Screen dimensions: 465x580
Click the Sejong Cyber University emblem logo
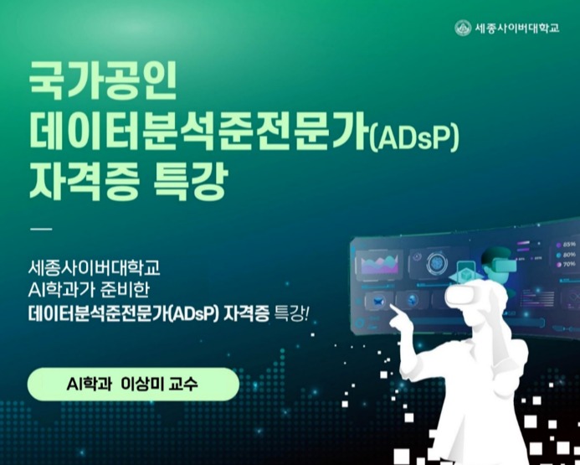pyautogui.click(x=463, y=28)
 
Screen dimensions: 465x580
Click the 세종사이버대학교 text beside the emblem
pyautogui.click(x=516, y=28)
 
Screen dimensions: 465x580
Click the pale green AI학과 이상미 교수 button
pyautogui.click(x=133, y=385)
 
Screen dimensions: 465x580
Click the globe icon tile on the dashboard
pyautogui.click(x=410, y=299)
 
